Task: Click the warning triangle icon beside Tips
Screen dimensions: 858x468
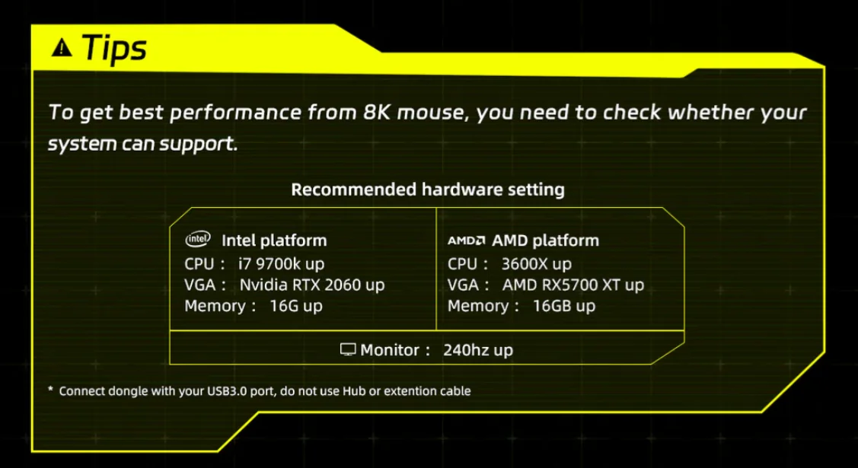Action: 62,48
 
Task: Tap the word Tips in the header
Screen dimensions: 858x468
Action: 114,48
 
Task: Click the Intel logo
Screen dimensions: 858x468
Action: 198,239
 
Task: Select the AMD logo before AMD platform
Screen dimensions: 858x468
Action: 466,240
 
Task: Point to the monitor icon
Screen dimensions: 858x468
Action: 348,349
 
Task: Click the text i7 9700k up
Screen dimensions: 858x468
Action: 281,264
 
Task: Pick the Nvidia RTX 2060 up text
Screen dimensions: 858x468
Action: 312,285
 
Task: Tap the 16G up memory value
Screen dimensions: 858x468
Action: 296,306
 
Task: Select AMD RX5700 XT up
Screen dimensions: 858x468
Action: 573,285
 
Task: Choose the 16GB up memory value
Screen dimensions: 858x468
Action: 563,306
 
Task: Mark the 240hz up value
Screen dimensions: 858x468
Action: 478,350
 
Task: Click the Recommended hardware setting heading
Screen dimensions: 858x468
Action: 428,189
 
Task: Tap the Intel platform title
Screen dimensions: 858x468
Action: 274,240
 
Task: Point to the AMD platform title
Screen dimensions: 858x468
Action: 546,240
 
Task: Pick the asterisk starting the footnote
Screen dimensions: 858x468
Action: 50,390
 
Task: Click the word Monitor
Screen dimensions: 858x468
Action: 390,350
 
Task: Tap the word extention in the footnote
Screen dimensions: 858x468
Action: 411,391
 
